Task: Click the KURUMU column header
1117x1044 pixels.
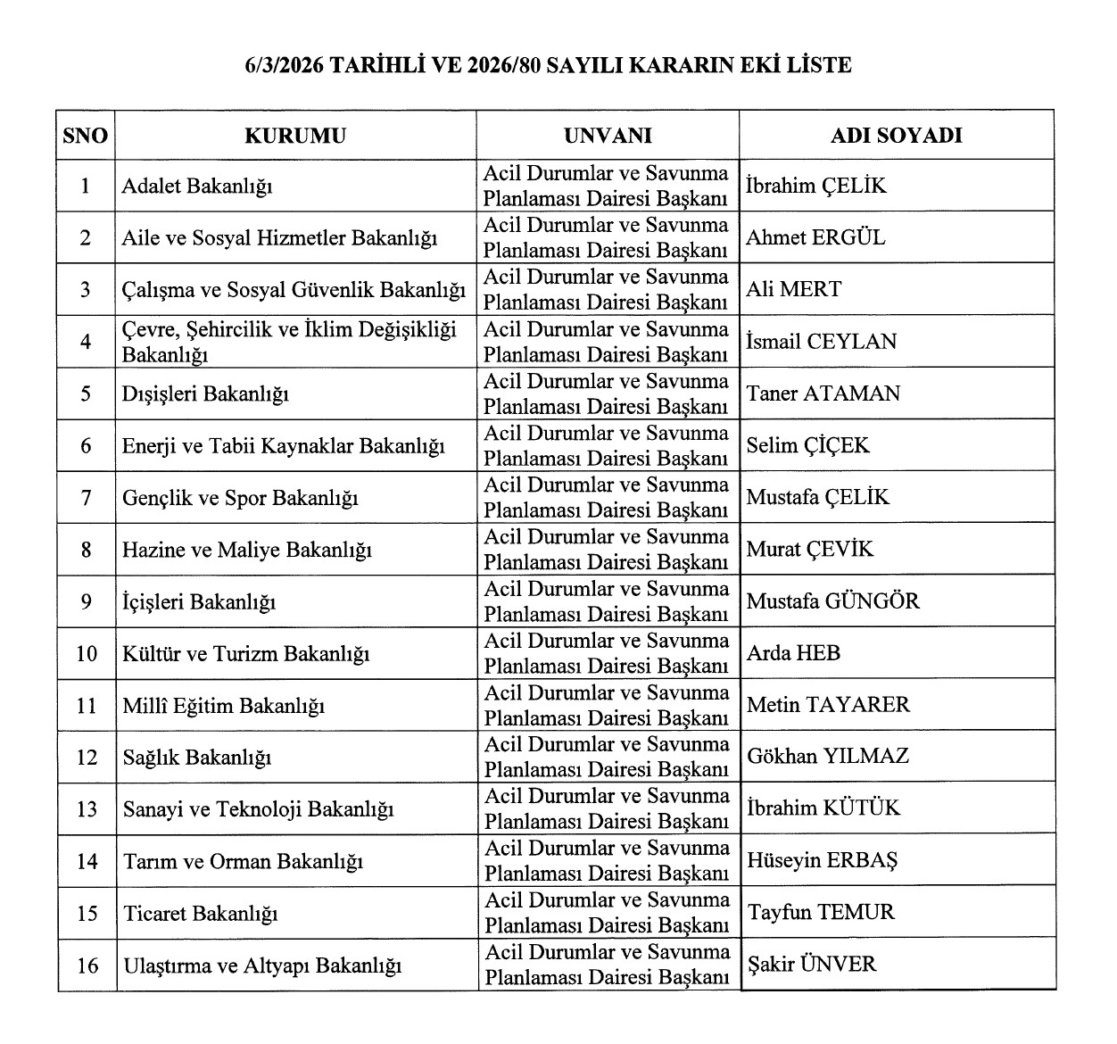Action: coord(295,136)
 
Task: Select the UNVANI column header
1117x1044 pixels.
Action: coord(608,136)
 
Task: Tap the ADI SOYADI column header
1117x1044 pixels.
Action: coord(896,136)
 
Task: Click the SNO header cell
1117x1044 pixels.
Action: coord(86,136)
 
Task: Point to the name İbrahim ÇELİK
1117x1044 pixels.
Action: coord(815,186)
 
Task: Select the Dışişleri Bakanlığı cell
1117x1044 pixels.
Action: coord(205,394)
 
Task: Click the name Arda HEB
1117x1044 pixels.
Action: coord(793,653)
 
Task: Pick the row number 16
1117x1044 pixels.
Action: coord(87,965)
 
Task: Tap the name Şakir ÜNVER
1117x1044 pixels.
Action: coord(812,964)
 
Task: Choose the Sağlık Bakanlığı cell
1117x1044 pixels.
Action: coord(196,758)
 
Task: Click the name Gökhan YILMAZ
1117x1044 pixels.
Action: coord(828,757)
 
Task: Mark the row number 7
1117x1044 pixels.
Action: coord(87,498)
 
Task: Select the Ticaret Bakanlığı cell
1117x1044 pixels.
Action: coord(201,914)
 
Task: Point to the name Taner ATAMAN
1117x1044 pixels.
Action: coord(823,394)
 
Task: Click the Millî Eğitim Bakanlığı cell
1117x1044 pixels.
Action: coord(223,706)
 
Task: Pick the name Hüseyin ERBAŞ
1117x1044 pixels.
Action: coord(822,860)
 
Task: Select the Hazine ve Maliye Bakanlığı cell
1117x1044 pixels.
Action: coord(246,550)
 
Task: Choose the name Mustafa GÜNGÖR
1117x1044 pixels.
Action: coord(832,601)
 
